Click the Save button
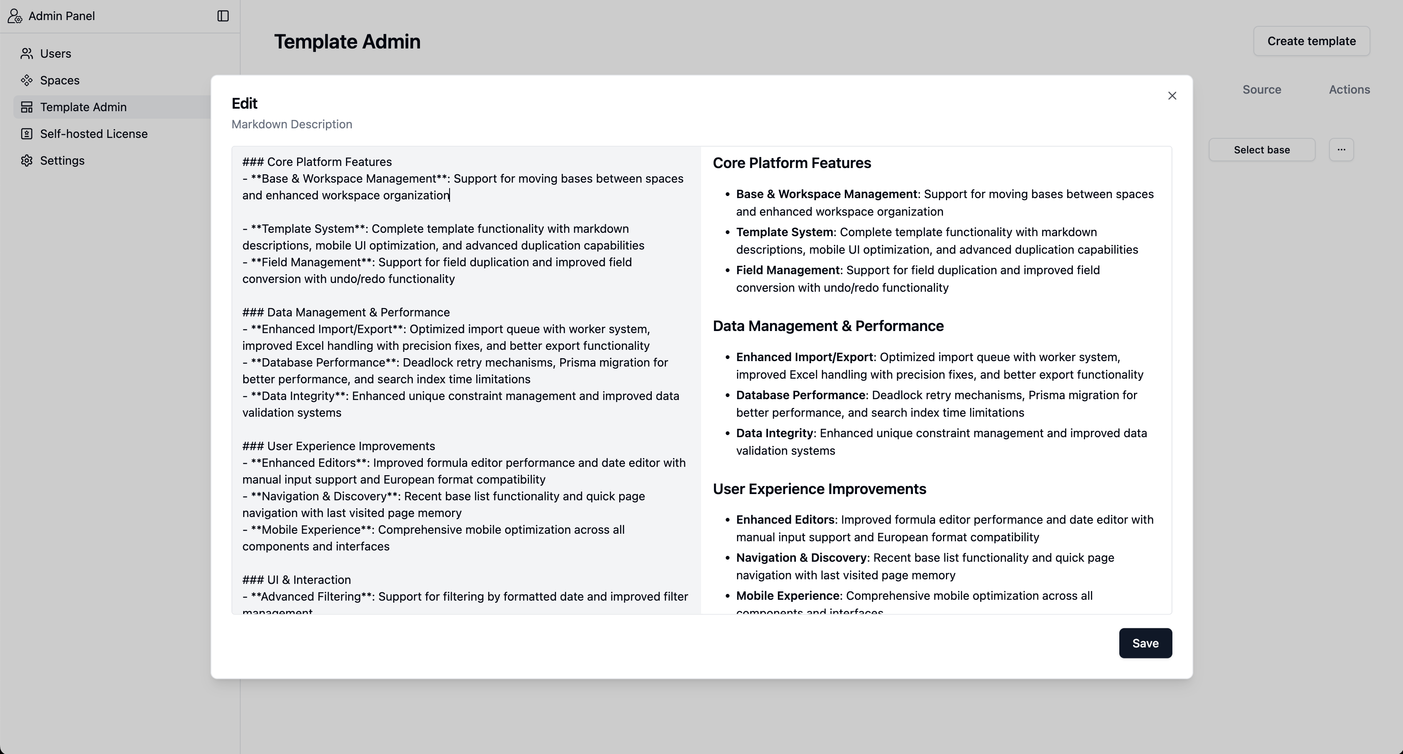click(x=1145, y=643)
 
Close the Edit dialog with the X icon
click(x=1172, y=96)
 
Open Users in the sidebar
click(x=56, y=53)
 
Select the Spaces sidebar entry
click(x=59, y=80)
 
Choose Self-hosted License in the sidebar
click(x=93, y=133)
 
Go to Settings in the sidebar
click(x=62, y=160)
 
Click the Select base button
click(x=1261, y=150)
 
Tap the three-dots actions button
click(x=1341, y=150)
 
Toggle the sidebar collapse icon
click(x=223, y=16)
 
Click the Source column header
click(x=1261, y=89)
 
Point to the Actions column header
click(x=1349, y=89)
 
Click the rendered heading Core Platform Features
click(x=791, y=163)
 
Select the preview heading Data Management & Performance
click(x=828, y=326)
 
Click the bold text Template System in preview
click(x=784, y=232)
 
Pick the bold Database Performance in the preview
click(x=800, y=395)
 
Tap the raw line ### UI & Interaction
click(x=296, y=580)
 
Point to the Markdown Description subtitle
click(x=291, y=124)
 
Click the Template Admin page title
click(x=347, y=42)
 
